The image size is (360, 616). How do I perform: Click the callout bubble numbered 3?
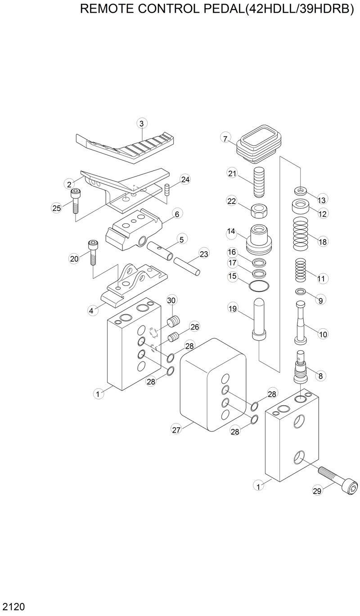[x=141, y=123]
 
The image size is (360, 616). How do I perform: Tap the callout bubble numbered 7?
[x=225, y=138]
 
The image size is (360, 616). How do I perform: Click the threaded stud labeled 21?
[x=260, y=182]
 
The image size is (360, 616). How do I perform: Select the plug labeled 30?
[x=173, y=322]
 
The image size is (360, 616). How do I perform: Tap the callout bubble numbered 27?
[x=176, y=430]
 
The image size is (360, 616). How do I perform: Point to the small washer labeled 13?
[x=301, y=190]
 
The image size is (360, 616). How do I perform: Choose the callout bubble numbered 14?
[x=231, y=231]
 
